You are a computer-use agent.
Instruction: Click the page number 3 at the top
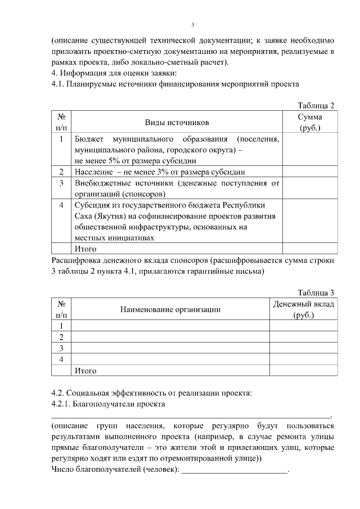point(192,25)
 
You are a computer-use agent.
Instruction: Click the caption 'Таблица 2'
point(316,105)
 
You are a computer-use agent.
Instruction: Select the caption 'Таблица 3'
point(316,292)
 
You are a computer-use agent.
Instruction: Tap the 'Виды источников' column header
point(177,122)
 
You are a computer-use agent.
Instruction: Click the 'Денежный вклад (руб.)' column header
point(304,309)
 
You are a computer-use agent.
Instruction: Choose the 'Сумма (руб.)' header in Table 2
point(310,122)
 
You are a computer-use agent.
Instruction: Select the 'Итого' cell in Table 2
point(85,249)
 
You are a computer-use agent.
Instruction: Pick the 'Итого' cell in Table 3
point(85,371)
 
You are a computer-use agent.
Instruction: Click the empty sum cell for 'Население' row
point(310,172)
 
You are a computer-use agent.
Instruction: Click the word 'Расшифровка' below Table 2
point(77,260)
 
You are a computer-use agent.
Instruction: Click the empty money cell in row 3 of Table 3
point(304,348)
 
